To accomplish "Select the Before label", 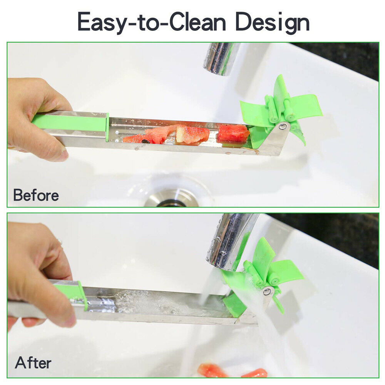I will click(36, 195).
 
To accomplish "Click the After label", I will click(33, 363).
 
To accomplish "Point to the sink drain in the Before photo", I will click(172, 198).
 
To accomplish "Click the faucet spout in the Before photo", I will click(221, 58).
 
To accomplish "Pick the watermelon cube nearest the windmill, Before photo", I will click(233, 133).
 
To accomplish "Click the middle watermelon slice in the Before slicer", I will click(192, 134).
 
